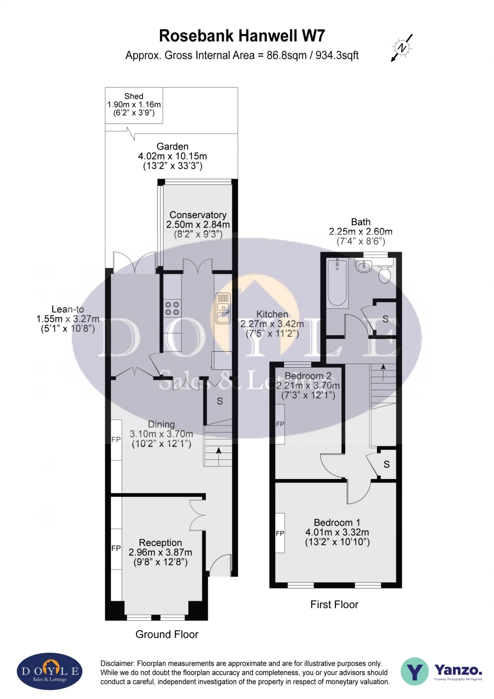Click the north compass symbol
pos(402,48)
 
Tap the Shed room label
pos(134,96)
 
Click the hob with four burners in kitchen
pos(172,308)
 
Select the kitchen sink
pos(223,308)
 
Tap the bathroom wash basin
pos(363,267)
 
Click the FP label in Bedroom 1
pos(280,533)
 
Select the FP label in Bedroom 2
pos(280,424)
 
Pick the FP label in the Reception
pos(116,548)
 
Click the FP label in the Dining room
pos(116,440)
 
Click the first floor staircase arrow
pos(383,372)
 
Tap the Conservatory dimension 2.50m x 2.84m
pos(198,224)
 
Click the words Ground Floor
pos(167,634)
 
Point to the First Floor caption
pos(334,605)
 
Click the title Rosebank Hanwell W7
pos(242,36)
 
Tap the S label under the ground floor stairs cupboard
pos(220,401)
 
